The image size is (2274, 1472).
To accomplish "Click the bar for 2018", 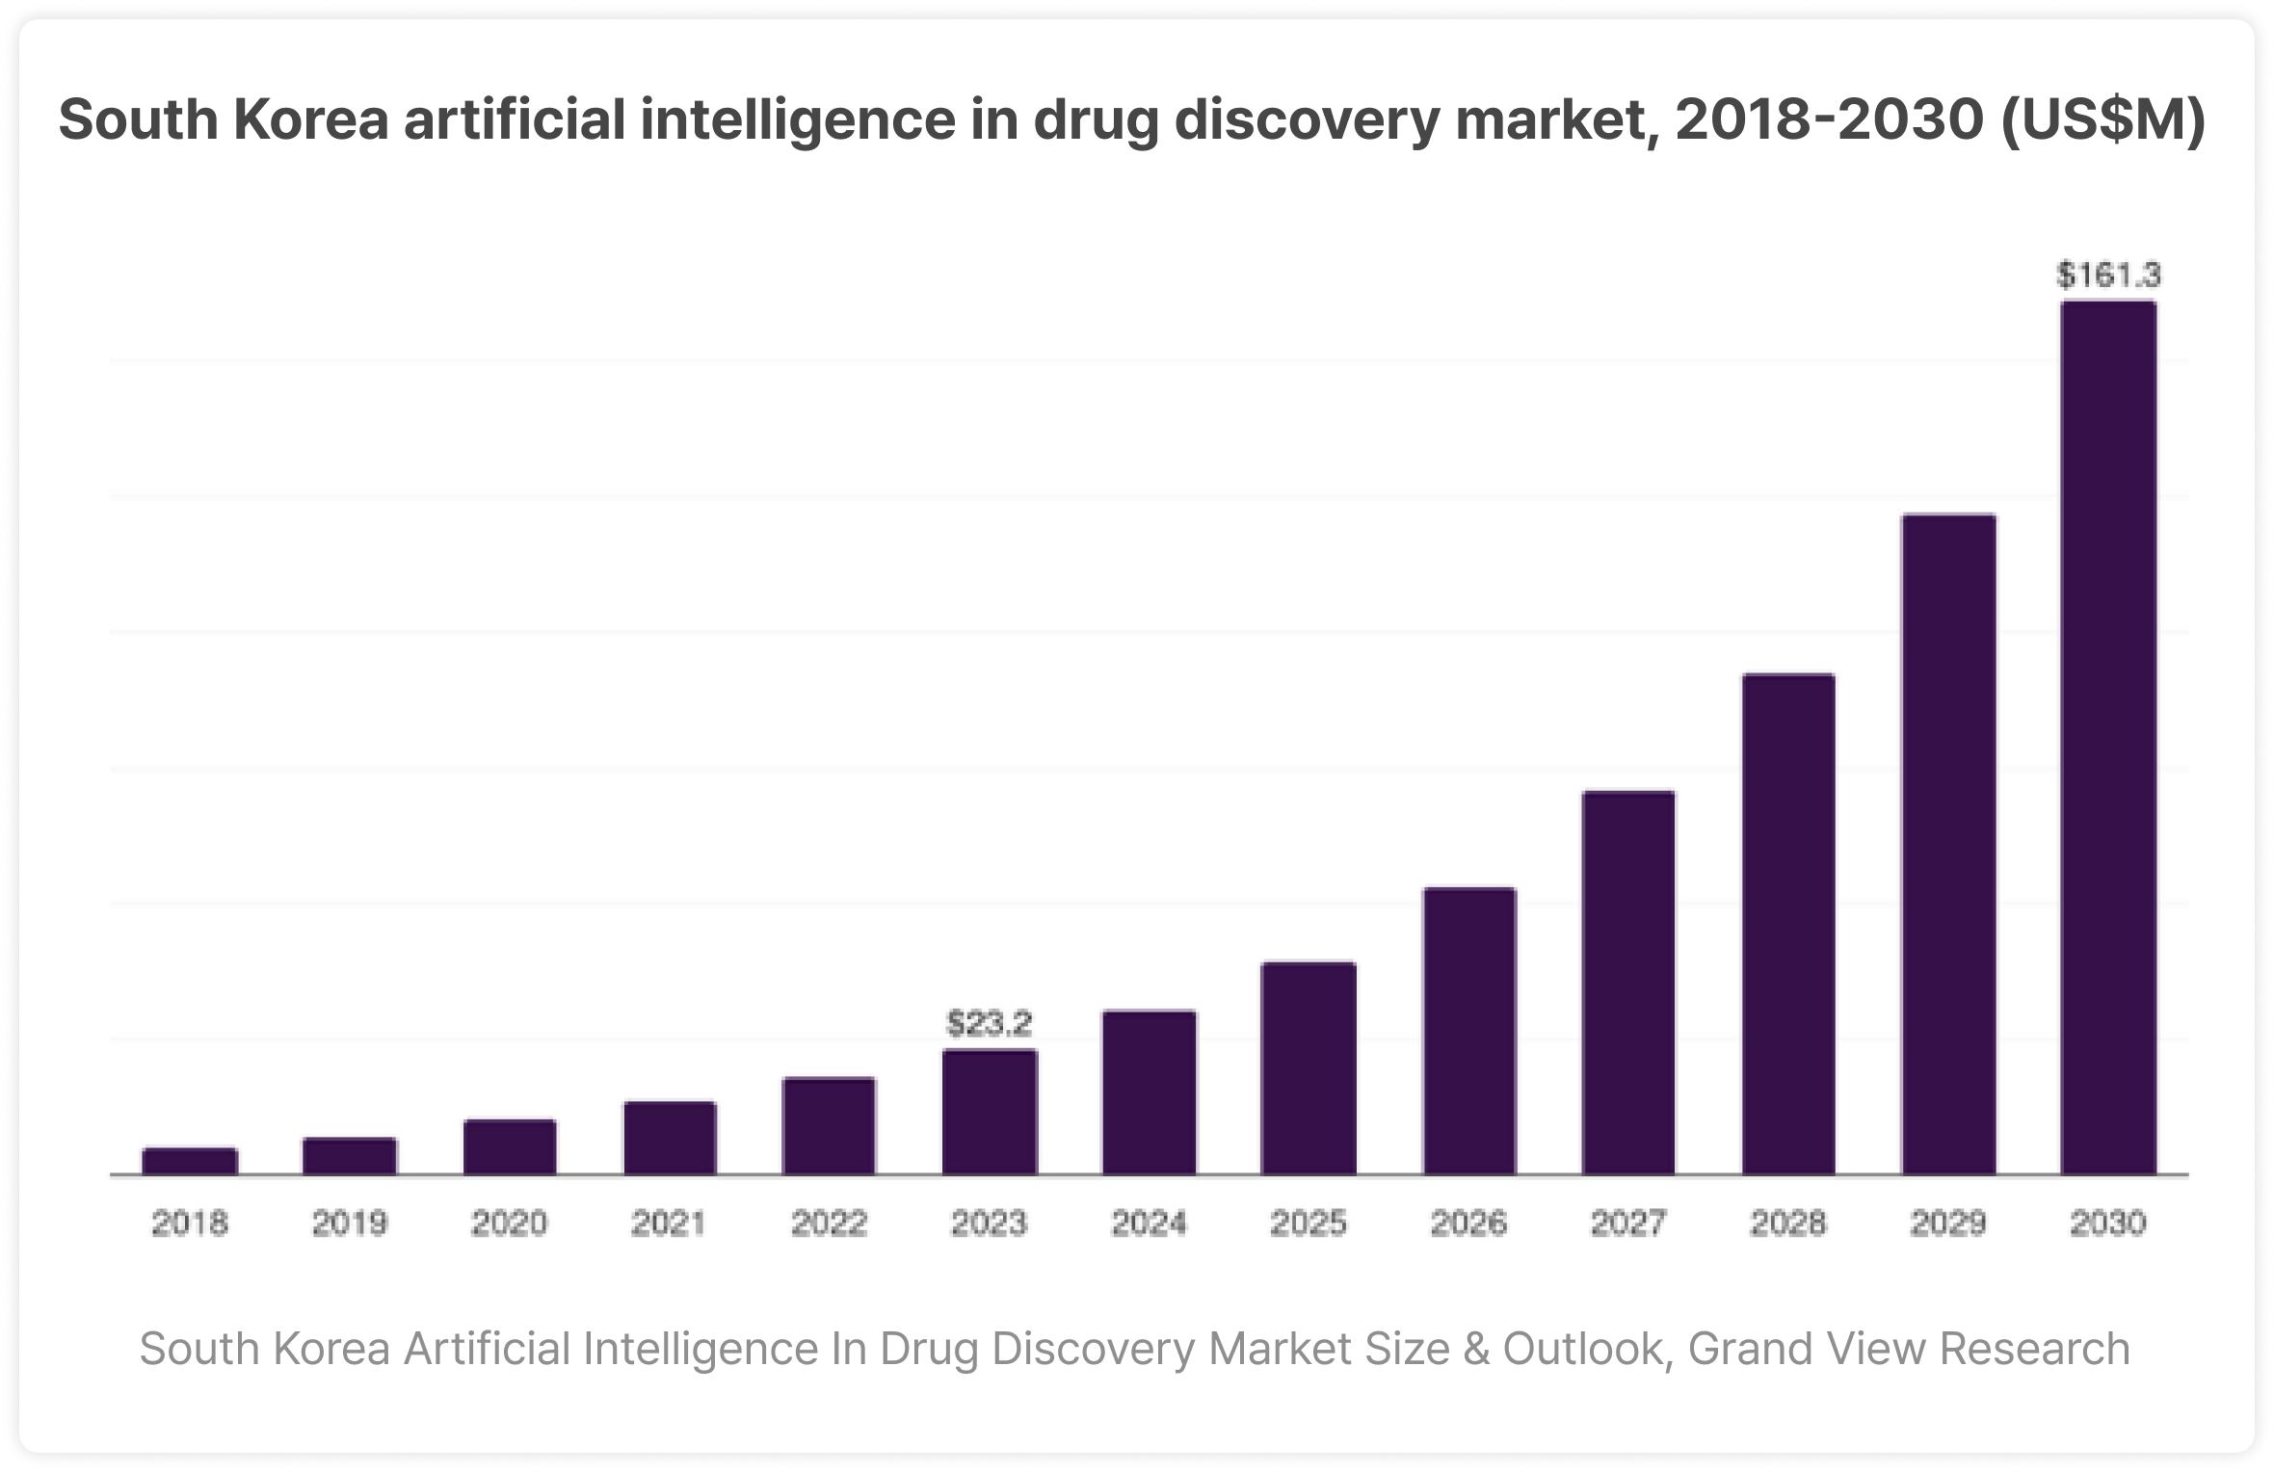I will coord(190,1161).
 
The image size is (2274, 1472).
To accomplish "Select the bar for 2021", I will coord(670,1138).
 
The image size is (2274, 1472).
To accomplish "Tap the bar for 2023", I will coord(990,1112).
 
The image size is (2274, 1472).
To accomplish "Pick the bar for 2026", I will coord(1469,1031).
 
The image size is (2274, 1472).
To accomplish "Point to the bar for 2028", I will coord(1788,924).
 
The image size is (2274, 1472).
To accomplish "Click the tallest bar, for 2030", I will coord(2108,738).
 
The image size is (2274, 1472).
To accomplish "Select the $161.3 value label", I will coord(2108,276).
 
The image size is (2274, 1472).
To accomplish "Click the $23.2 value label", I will coord(990,1023).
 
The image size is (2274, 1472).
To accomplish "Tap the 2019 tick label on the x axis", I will coord(350,1223).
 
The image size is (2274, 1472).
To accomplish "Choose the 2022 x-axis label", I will coord(830,1223).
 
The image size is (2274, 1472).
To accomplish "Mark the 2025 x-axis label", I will coord(1309,1223).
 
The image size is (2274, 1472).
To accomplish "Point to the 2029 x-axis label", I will coord(1948,1223).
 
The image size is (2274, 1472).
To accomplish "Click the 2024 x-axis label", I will coord(1150,1223).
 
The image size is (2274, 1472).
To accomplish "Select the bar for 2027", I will coord(1628,983).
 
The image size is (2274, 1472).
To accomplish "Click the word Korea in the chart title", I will coord(311,119).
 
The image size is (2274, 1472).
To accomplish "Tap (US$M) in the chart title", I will coord(2102,119).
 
